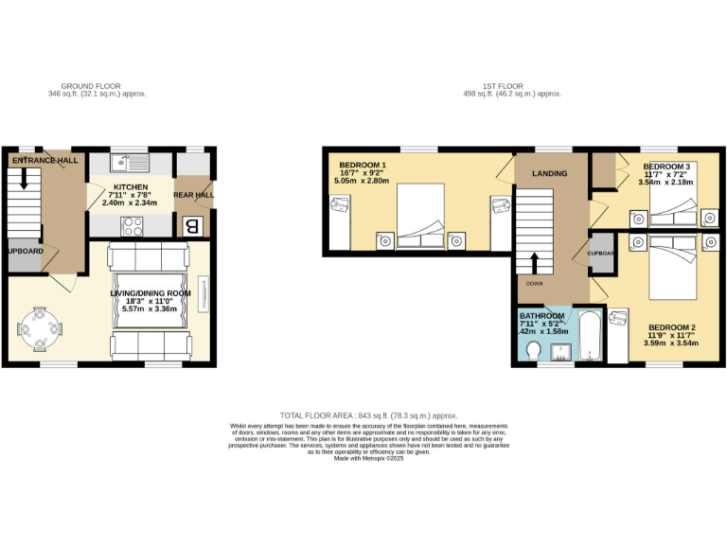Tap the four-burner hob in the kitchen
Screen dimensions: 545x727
click(132, 226)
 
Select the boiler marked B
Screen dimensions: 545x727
click(191, 226)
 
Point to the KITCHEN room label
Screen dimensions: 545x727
click(131, 188)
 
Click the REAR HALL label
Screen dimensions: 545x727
click(194, 196)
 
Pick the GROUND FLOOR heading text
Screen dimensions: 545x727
click(98, 86)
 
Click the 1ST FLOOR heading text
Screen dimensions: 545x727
click(512, 86)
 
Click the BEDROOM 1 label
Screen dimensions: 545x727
click(363, 165)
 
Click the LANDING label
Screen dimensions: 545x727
click(550, 173)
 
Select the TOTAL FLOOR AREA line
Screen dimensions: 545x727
click(369, 415)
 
